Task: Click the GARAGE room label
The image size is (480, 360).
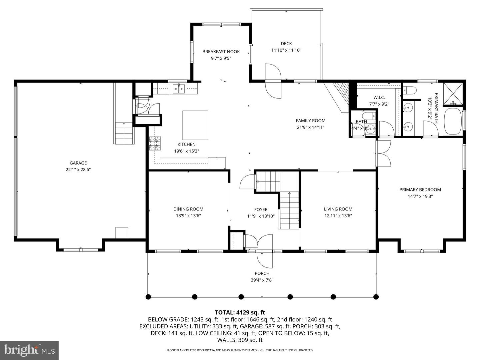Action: [78, 163]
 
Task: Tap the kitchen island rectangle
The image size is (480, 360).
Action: [195, 126]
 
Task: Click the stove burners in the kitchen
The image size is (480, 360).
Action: [154, 144]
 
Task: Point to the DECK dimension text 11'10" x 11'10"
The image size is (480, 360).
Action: [286, 50]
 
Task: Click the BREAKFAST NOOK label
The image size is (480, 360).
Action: [221, 52]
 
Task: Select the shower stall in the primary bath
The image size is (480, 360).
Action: [453, 94]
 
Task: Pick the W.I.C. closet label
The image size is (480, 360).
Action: [379, 98]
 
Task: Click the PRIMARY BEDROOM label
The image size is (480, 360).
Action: [420, 189]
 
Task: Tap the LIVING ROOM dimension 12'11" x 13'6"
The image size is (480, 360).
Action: [338, 215]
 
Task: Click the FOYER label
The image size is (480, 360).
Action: [261, 209]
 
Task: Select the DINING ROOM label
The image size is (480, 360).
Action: [188, 209]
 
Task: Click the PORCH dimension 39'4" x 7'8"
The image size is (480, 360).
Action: [262, 280]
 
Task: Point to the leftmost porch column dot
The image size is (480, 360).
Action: [148, 296]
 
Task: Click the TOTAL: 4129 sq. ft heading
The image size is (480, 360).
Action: [240, 312]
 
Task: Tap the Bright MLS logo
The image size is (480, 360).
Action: [29, 350]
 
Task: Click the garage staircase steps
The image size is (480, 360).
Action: [124, 133]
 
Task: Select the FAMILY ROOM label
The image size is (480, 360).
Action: [310, 121]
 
